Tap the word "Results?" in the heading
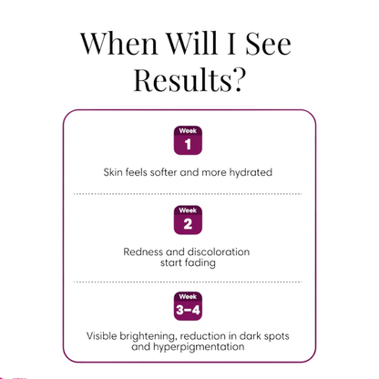(x=189, y=79)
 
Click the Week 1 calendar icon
(x=188, y=140)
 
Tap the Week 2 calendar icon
(x=188, y=220)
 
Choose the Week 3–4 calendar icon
(x=188, y=306)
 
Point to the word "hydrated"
(x=251, y=172)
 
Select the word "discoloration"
(x=218, y=251)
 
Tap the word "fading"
(x=200, y=262)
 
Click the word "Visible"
(x=101, y=336)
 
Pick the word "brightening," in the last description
(x=149, y=336)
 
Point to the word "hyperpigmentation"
(x=199, y=347)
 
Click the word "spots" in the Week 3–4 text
(x=276, y=336)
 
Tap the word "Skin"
(x=113, y=172)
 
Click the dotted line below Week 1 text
(x=188, y=194)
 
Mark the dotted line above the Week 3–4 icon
(x=188, y=282)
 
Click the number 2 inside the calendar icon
(x=188, y=224)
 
